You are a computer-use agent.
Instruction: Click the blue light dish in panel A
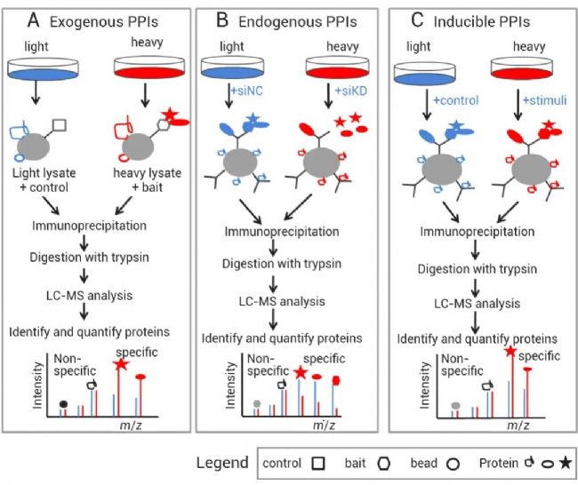44,68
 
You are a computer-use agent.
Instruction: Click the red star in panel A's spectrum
119,365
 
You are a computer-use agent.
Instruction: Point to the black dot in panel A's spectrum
63,405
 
